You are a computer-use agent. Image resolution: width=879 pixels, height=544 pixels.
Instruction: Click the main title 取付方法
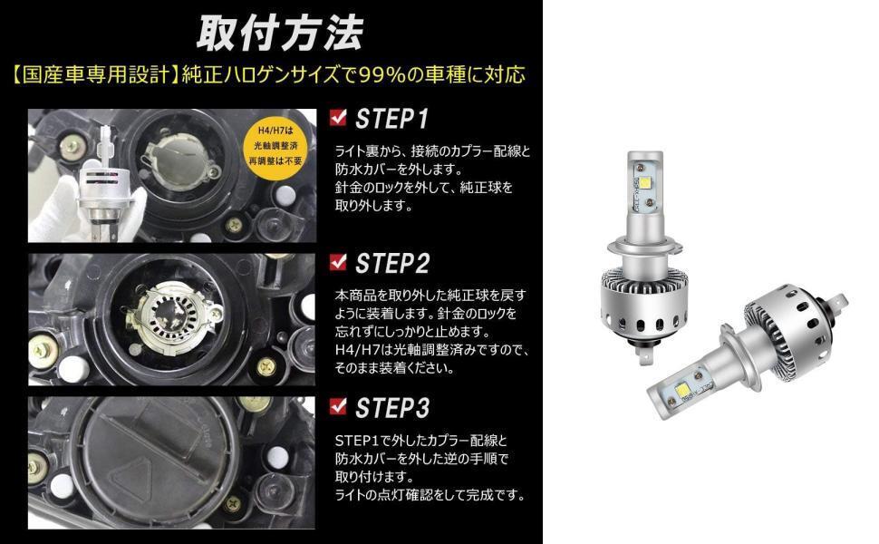tap(280, 34)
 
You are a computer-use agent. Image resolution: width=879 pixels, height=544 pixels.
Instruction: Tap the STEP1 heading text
tap(391, 119)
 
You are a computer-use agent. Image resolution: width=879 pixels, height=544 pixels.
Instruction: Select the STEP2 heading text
tap(392, 264)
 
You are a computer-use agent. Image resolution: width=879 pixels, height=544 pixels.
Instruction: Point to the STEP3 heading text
tap(392, 408)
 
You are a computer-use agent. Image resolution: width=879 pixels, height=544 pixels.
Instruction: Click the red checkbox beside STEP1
tap(338, 117)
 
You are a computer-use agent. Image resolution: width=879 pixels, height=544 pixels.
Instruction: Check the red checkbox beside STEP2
tap(338, 261)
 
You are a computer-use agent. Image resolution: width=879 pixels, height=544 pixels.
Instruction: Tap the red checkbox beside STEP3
tap(338, 405)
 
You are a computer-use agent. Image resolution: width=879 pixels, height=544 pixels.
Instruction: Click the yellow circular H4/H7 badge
tap(275, 146)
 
